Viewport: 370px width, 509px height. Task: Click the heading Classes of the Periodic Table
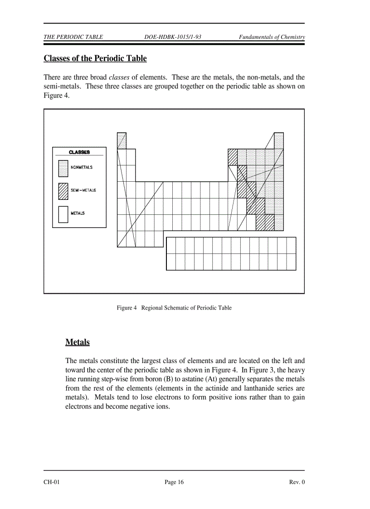point(95,58)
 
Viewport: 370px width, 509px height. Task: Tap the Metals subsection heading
point(77,342)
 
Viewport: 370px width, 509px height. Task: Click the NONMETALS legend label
point(82,167)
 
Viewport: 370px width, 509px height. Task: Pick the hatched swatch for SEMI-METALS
point(63,191)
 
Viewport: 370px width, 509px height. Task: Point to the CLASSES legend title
point(79,152)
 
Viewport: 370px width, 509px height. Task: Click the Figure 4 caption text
point(174,308)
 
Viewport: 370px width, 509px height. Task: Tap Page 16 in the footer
point(174,482)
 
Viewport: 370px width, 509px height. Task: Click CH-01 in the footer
point(52,482)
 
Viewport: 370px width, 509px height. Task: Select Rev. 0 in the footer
point(297,482)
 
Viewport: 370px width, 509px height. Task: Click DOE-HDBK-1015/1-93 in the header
point(172,37)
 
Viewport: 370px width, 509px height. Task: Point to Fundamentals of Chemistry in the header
point(272,37)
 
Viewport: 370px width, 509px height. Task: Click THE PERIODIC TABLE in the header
point(73,37)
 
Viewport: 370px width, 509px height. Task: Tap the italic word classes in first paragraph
point(119,77)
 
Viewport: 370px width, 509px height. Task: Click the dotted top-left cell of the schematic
point(122,141)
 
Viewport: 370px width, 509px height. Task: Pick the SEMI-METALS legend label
point(83,190)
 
